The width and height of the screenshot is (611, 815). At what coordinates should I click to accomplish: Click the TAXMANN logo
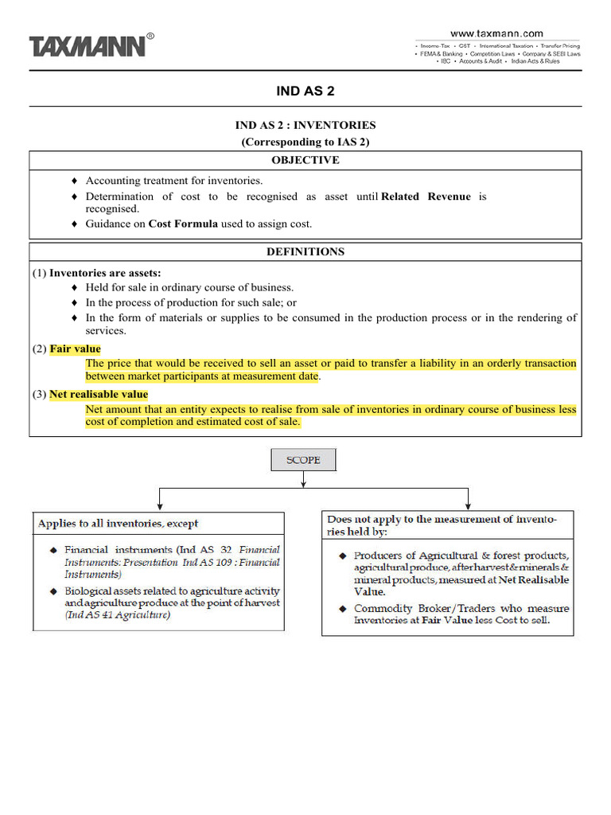click(88, 46)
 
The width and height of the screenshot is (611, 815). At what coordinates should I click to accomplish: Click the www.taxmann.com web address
click(497, 33)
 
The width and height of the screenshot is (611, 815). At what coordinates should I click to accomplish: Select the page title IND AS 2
click(305, 91)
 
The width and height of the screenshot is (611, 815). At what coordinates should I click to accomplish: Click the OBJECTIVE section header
click(305, 160)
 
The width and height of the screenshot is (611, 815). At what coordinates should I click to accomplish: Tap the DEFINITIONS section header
click(305, 252)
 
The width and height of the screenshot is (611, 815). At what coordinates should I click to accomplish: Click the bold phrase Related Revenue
click(426, 197)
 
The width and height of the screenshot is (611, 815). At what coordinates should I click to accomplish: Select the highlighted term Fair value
click(75, 349)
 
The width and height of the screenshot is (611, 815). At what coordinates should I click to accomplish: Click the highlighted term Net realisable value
click(99, 394)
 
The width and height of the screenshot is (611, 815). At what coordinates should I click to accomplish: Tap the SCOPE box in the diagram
click(304, 460)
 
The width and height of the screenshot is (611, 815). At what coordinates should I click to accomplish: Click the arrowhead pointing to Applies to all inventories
click(161, 505)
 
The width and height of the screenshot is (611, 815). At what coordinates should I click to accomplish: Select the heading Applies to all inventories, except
click(119, 524)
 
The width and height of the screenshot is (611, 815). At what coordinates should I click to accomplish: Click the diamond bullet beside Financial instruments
click(53, 550)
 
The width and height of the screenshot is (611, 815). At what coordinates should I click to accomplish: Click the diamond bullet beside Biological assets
click(53, 591)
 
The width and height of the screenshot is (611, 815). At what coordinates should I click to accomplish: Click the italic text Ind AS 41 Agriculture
click(118, 615)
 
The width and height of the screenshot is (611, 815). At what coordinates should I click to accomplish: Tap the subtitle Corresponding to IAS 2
click(305, 142)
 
